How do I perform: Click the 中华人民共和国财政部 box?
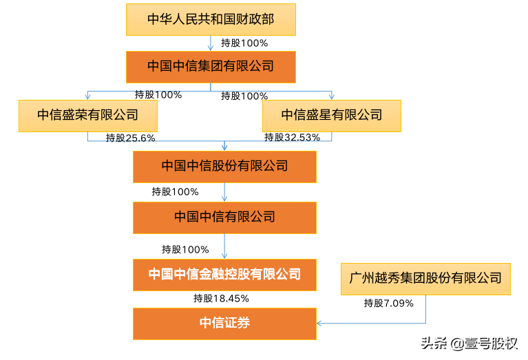coord(211,19)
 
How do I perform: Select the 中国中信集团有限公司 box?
coord(211,67)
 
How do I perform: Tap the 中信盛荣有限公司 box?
coord(87,115)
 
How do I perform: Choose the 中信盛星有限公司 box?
coord(332,115)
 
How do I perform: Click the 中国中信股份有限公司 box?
coord(224,167)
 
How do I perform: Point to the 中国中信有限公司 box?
coord(224,218)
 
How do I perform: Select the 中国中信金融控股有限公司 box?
coord(224,275)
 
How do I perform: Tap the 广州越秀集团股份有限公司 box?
coord(425,279)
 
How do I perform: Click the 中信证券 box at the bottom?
coord(224,324)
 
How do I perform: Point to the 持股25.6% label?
coord(131,138)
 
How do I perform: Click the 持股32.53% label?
coord(293,138)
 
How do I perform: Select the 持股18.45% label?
coord(221,299)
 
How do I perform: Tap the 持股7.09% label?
coord(389,303)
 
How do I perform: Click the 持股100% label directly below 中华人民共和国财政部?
coord(244,43)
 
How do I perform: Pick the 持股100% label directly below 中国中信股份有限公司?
coord(176,192)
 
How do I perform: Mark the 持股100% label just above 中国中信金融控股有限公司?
coord(185,249)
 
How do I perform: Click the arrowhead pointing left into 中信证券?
coord(319,322)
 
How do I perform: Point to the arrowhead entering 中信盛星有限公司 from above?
coord(332,97)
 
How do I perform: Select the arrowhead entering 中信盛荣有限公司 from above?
coord(87,97)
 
